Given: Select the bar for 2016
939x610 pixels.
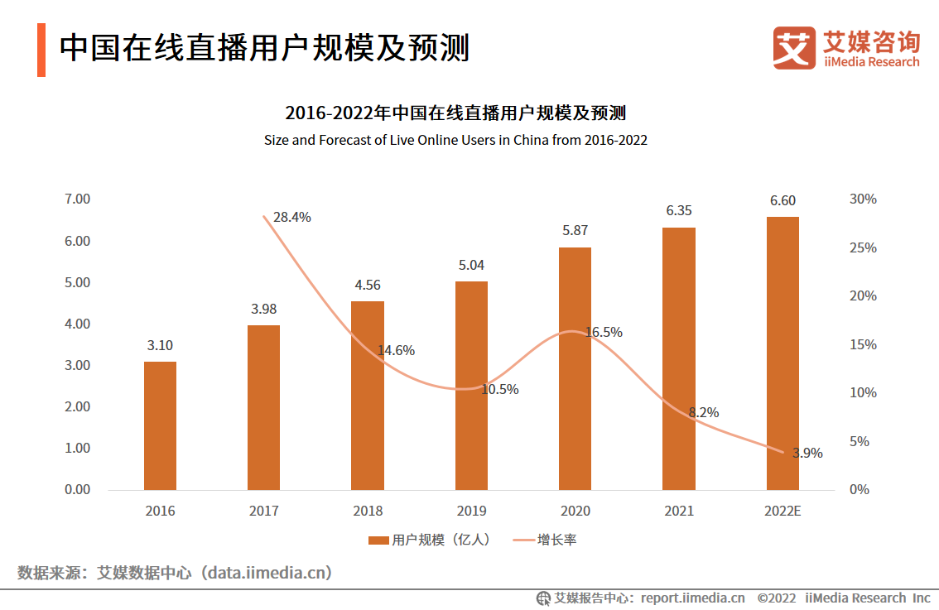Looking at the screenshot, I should point(160,425).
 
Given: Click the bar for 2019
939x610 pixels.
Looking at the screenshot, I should point(471,386).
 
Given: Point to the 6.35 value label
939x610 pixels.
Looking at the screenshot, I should point(678,210).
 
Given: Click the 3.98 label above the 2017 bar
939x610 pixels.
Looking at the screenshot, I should point(263,309).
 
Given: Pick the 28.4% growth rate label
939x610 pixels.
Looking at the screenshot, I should point(291,218).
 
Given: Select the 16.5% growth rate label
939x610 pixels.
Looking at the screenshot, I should point(604,332).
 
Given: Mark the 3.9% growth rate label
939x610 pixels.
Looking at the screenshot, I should point(807,453).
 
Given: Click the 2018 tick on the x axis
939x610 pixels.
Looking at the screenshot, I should point(367,511).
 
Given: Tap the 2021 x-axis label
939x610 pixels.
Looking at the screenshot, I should point(678,511).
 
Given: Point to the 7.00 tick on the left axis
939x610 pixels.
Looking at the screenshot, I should point(77,199).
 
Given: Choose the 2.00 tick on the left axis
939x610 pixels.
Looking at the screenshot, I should point(77,406).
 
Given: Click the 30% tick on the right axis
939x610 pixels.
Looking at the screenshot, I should point(863,199).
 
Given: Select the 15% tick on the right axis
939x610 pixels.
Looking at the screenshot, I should point(863,344).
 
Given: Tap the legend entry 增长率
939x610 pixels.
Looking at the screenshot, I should point(546,540).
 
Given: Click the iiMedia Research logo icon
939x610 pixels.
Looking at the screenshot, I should point(794,47).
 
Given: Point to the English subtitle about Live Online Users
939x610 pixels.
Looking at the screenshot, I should point(455,140).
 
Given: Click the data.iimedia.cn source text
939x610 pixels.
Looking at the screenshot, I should point(269,572).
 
